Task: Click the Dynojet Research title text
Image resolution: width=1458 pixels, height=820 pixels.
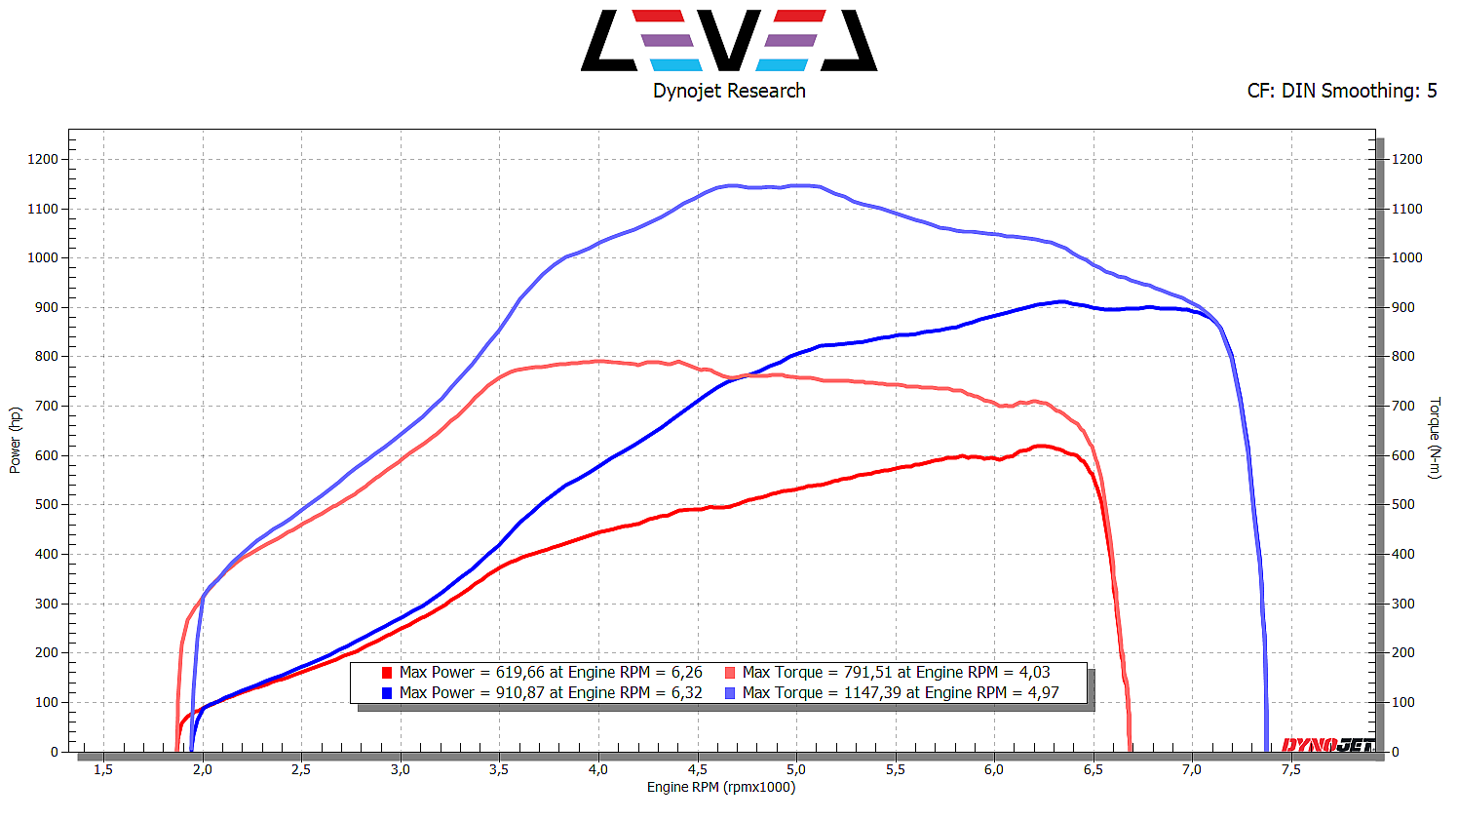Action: pyautogui.click(x=729, y=91)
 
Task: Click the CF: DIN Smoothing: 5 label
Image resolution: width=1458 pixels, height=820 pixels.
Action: pyautogui.click(x=1341, y=91)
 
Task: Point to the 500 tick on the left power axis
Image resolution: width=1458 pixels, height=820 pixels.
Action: pyautogui.click(x=46, y=504)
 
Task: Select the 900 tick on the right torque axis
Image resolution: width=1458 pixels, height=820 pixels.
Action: pyautogui.click(x=1406, y=307)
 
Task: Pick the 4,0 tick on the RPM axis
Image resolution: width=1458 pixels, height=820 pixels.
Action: pyautogui.click(x=597, y=769)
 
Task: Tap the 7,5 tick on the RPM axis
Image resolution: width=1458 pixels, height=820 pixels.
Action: pyautogui.click(x=1290, y=769)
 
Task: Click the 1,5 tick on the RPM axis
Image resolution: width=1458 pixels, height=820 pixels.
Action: pyautogui.click(x=102, y=769)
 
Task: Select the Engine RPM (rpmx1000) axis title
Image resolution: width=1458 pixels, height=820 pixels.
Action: pyautogui.click(x=721, y=787)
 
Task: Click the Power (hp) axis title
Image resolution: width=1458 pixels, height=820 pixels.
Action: pyautogui.click(x=15, y=441)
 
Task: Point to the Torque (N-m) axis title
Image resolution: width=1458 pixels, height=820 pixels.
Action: pyautogui.click(x=1435, y=438)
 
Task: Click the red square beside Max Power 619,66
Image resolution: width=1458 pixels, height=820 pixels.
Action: pyautogui.click(x=387, y=673)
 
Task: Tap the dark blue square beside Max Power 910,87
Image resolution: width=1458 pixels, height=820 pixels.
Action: pyautogui.click(x=387, y=693)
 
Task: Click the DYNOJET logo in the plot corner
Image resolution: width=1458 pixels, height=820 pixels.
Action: pyautogui.click(x=1327, y=745)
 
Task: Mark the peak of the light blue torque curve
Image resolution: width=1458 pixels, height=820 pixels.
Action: pyautogui.click(x=731, y=185)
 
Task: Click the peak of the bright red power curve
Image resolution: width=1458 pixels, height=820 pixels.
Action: pyautogui.click(x=1041, y=446)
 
